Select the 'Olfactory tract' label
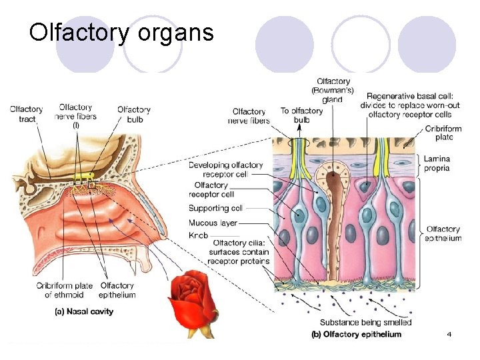point(25,114)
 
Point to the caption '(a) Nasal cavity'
point(84,311)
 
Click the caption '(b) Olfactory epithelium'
point(357,334)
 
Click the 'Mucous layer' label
point(213,223)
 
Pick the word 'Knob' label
point(198,236)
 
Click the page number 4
point(449,333)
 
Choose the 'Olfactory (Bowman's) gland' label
point(333,91)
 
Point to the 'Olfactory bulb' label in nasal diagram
point(133,114)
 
